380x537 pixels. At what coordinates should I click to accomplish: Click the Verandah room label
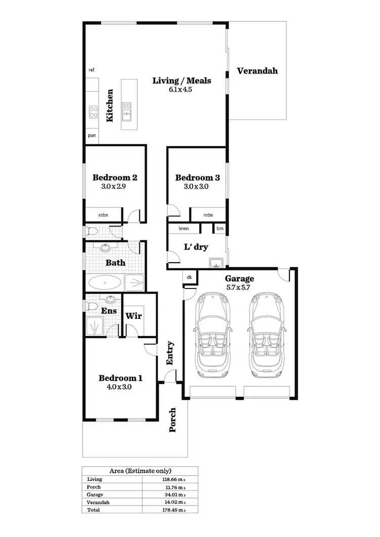(x=257, y=71)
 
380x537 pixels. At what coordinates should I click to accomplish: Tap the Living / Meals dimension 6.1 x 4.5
(x=181, y=90)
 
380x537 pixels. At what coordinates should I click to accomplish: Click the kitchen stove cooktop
(x=93, y=111)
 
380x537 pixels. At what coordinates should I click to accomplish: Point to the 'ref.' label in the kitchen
(x=92, y=70)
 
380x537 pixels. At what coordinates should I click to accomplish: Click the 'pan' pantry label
(x=92, y=136)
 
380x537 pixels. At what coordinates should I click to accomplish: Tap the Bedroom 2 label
(x=115, y=178)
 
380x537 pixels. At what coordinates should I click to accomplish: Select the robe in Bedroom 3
(x=208, y=215)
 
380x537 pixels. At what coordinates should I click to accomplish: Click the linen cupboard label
(x=183, y=229)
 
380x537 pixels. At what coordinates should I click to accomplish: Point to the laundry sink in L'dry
(x=216, y=262)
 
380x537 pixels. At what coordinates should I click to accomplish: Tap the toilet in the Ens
(x=91, y=306)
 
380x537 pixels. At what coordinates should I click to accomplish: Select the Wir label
(x=134, y=316)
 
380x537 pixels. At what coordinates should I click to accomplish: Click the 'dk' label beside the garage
(x=189, y=277)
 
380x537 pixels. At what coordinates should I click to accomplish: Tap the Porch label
(x=172, y=420)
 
